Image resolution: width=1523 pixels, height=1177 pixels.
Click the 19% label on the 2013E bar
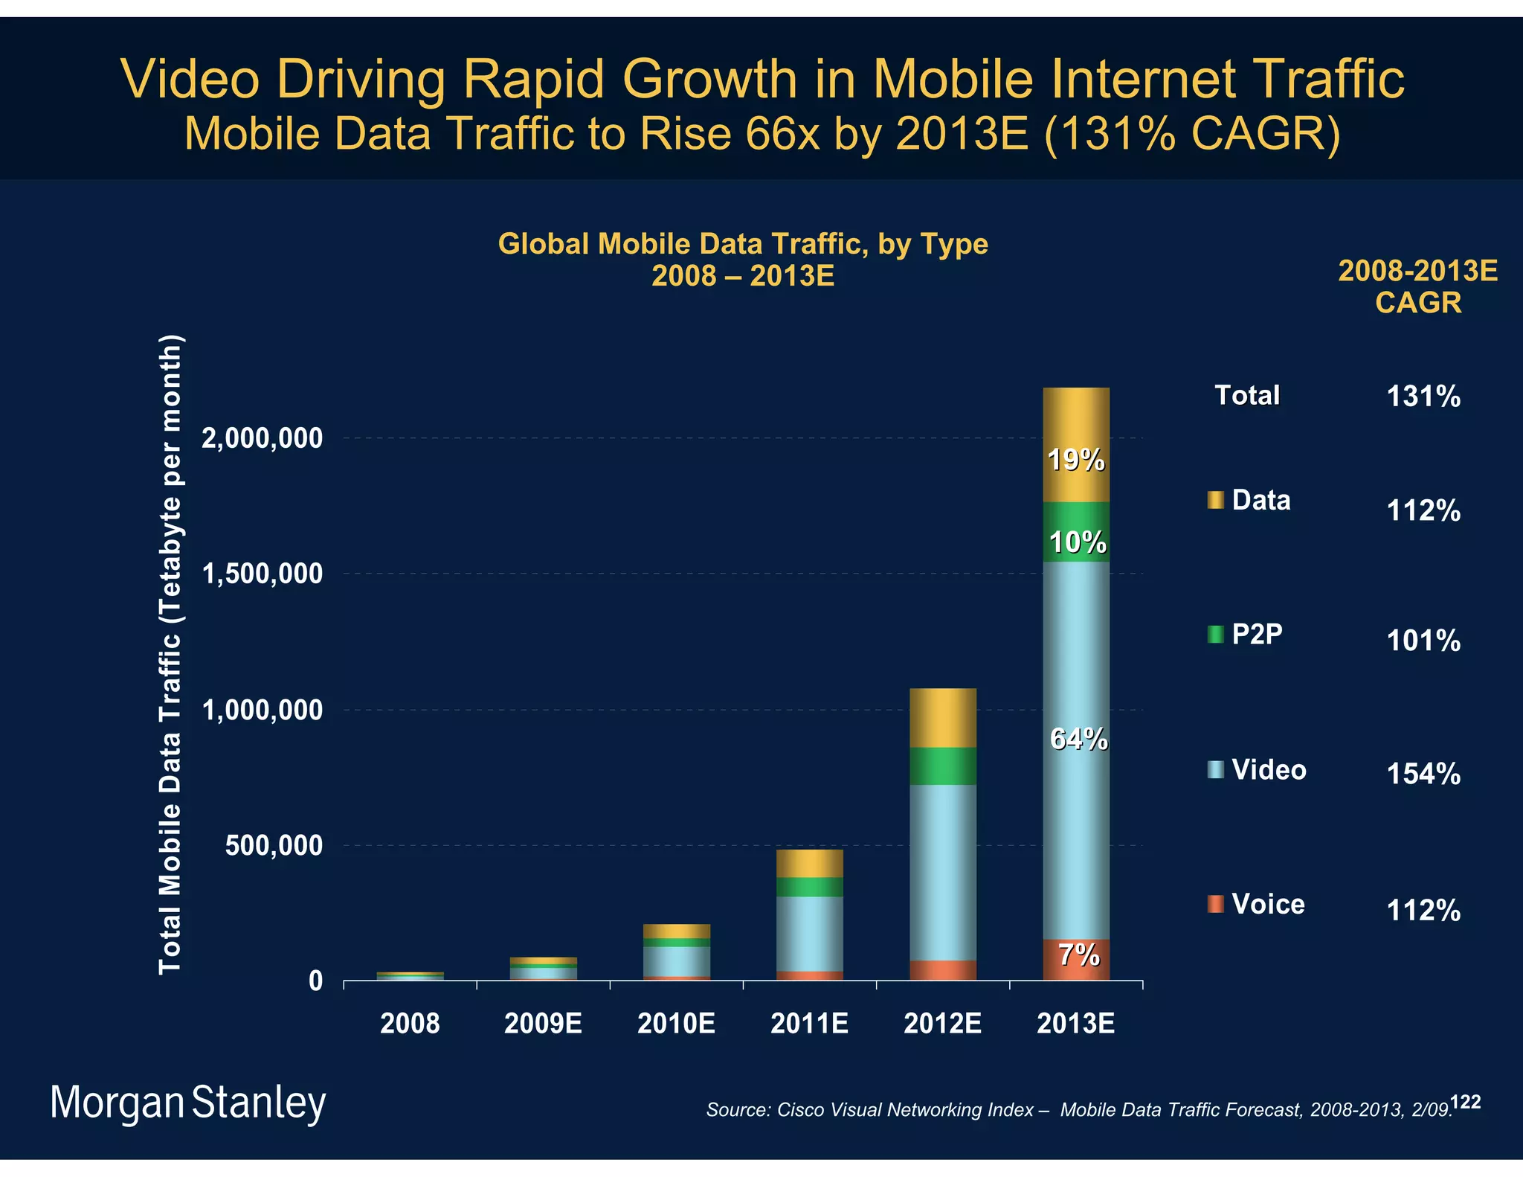coord(1076,461)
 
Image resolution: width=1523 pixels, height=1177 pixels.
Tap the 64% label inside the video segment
coord(1078,739)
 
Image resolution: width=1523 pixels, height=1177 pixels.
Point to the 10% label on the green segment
coord(1078,542)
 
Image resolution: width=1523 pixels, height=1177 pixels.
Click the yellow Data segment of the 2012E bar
coord(943,718)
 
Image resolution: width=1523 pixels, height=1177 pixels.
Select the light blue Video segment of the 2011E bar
coord(809,933)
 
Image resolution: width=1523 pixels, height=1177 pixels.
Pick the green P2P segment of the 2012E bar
coord(943,766)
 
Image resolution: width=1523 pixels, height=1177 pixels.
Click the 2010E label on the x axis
coord(676,1024)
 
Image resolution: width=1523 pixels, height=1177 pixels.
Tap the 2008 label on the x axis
coord(410,1024)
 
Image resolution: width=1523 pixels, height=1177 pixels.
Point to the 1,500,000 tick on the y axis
coord(263,574)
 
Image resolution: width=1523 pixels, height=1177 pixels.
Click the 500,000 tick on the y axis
coord(274,846)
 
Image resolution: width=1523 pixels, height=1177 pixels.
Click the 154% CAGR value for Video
coord(1423,774)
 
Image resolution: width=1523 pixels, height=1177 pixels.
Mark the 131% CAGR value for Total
coord(1423,397)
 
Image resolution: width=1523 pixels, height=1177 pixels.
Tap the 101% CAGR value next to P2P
coord(1423,641)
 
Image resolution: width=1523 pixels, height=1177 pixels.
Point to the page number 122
coord(1466,1102)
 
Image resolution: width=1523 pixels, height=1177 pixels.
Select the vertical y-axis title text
coord(170,655)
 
